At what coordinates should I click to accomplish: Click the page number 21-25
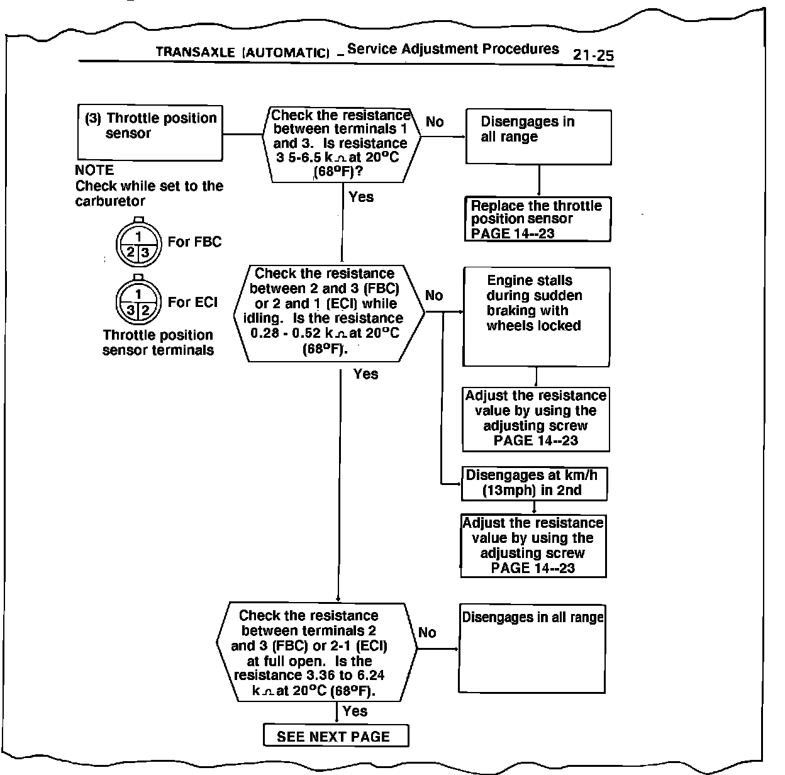[593, 55]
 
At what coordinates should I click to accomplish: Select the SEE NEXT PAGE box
[335, 736]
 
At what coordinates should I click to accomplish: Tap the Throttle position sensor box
[150, 132]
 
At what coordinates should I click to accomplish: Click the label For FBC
[194, 242]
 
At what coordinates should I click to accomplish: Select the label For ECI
[192, 303]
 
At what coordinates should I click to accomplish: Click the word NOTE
[94, 170]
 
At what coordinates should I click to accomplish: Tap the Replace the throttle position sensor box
[538, 219]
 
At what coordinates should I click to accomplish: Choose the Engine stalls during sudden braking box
[536, 316]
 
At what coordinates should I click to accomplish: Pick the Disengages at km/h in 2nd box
[534, 483]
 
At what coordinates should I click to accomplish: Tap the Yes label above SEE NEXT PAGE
[355, 711]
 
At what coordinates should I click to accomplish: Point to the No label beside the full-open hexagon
[427, 633]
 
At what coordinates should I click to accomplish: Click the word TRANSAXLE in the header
[195, 52]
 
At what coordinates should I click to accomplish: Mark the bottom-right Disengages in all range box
[532, 649]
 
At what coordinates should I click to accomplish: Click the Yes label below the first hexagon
[361, 198]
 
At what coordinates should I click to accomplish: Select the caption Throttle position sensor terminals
[158, 343]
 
